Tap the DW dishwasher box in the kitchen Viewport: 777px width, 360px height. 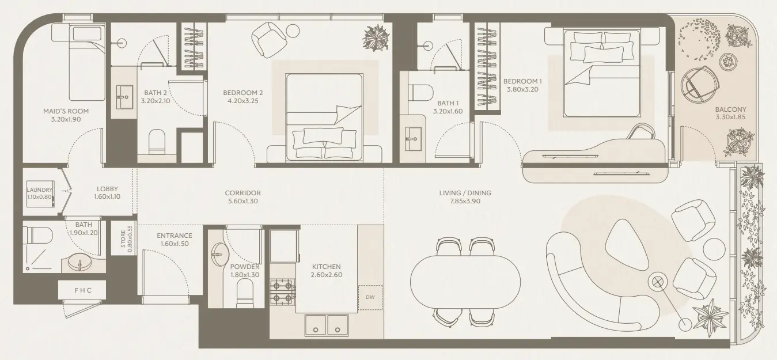[x=370, y=297]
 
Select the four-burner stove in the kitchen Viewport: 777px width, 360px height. [x=283, y=292]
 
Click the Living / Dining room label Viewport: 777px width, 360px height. [x=464, y=193]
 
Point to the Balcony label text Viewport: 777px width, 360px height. [x=730, y=109]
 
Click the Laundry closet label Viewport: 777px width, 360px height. [x=40, y=190]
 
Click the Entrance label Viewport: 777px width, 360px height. [x=175, y=236]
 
